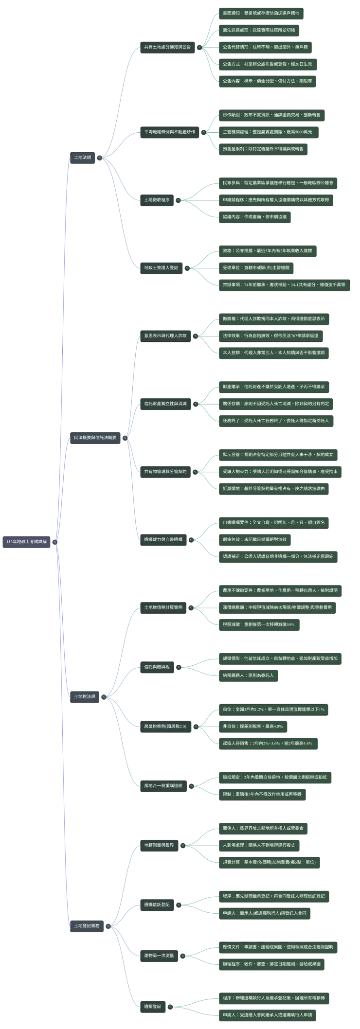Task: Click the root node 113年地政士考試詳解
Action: pyautogui.click(x=27, y=541)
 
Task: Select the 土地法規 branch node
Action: pyautogui.click(x=83, y=157)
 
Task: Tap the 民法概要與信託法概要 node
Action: pyautogui.click(x=95, y=437)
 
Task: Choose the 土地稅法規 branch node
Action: pyautogui.click(x=85, y=696)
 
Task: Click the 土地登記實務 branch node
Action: pyautogui.click(x=87, y=925)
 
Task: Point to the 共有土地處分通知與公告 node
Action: pyautogui.click(x=167, y=47)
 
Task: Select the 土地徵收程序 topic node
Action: pyautogui.click(x=157, y=199)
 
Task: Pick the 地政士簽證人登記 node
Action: pyautogui.click(x=161, y=267)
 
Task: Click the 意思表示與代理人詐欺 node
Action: pyautogui.click(x=165, y=336)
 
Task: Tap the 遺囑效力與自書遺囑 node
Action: pyautogui.click(x=163, y=539)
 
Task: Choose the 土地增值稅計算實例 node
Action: pyautogui.click(x=163, y=607)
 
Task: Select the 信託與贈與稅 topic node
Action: pyautogui.click(x=157, y=667)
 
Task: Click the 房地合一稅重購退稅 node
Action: pyautogui.click(x=163, y=785)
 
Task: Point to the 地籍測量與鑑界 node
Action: pyautogui.click(x=159, y=845)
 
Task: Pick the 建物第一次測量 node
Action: pyautogui.click(x=159, y=956)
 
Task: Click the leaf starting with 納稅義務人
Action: pyautogui.click(x=249, y=675)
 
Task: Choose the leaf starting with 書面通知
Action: pyautogui.click(x=261, y=13)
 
